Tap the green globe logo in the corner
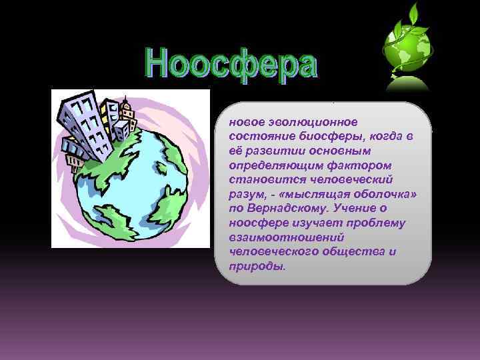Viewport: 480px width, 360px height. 406,50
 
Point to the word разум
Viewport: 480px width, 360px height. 244,194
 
